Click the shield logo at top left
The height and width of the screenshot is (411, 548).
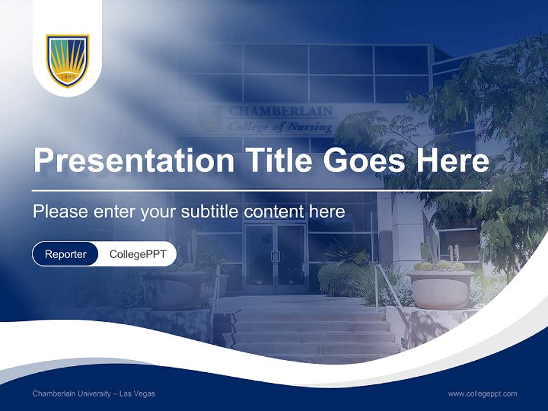click(67, 61)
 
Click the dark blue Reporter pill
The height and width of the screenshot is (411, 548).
click(66, 254)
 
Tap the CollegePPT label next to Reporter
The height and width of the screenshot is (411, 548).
click(138, 254)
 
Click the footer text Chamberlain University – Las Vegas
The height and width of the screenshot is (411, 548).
click(94, 394)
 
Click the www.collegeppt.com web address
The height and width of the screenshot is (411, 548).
click(482, 394)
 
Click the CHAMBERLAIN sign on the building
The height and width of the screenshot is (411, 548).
click(280, 111)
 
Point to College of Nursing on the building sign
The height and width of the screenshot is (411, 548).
click(280, 127)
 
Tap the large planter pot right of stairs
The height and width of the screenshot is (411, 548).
click(440, 289)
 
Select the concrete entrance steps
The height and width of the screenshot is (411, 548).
click(314, 331)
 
